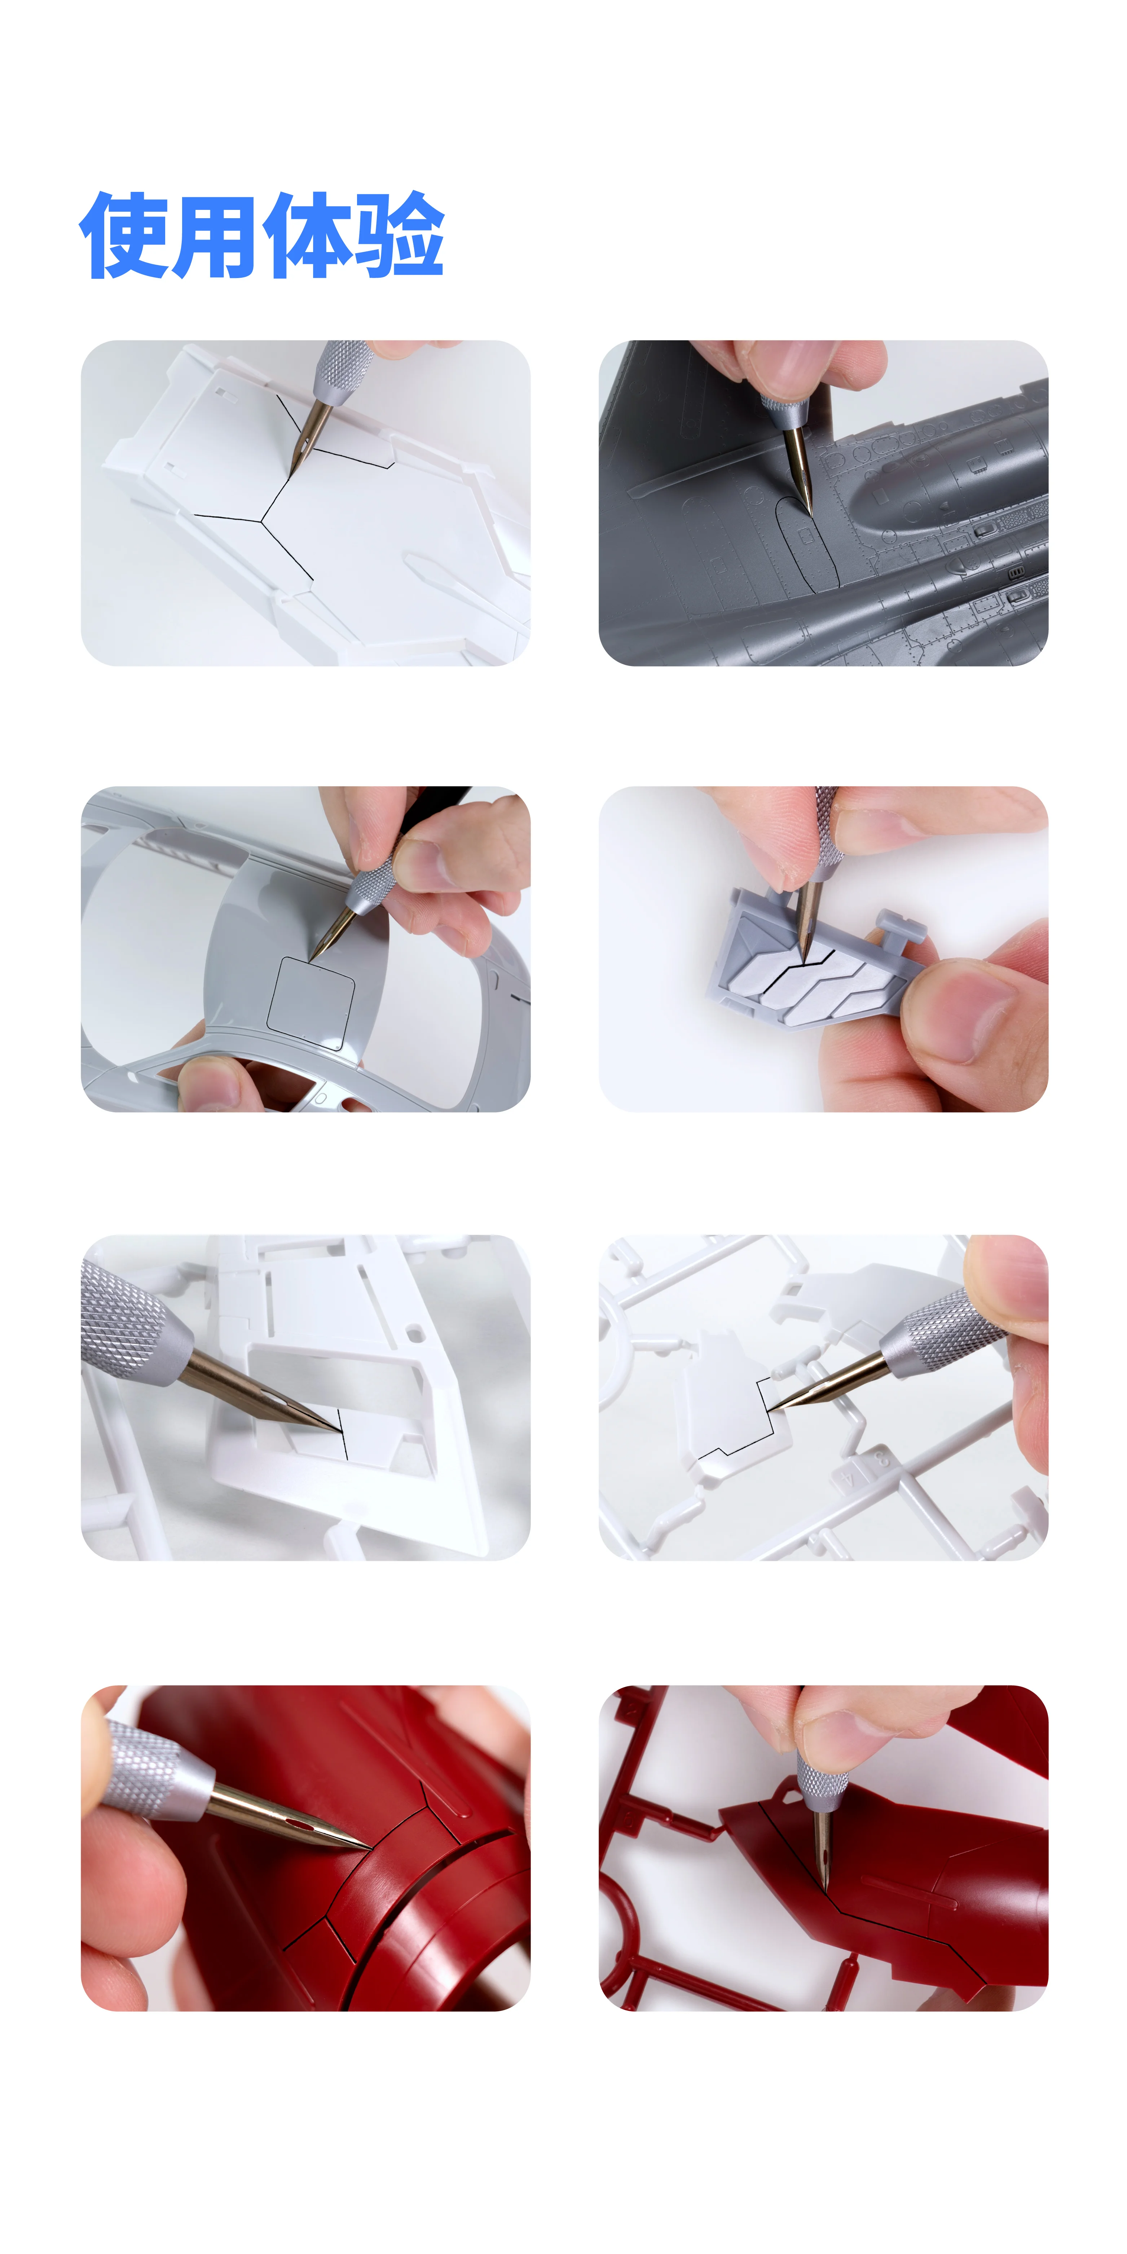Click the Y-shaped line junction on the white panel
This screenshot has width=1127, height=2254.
click(x=261, y=521)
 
